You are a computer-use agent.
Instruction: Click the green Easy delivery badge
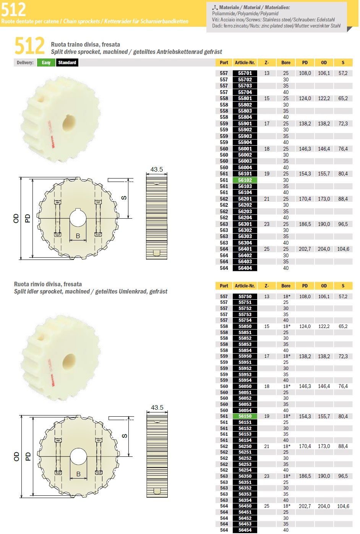[46, 63]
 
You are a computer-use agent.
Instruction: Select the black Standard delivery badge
[67, 63]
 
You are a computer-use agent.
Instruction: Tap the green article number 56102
[245, 180]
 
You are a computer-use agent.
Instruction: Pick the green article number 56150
[245, 416]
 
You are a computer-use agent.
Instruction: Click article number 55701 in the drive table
[245, 73]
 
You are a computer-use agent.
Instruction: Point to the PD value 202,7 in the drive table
[305, 249]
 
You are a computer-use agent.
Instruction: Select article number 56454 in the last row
[245, 530]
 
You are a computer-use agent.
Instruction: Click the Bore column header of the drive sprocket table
[285, 63]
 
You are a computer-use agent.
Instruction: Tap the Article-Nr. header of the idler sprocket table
[245, 286]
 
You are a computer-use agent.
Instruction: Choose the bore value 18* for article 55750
[287, 296]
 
